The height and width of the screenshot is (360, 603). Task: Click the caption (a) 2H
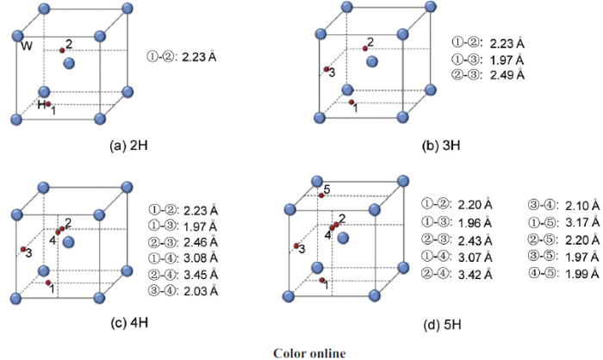click(128, 146)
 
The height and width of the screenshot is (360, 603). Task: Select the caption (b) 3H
click(441, 146)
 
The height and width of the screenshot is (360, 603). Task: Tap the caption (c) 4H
click(129, 322)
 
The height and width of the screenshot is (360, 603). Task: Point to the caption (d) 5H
click(442, 325)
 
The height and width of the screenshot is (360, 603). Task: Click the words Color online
click(309, 353)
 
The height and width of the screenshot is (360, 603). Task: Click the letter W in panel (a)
click(27, 47)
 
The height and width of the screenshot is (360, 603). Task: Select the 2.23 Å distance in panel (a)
click(199, 58)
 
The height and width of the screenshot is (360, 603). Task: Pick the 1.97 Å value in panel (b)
click(507, 60)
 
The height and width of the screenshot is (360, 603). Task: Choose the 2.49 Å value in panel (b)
click(507, 75)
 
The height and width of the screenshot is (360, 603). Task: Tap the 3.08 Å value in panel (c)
click(201, 258)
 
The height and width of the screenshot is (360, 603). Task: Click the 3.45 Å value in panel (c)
click(201, 275)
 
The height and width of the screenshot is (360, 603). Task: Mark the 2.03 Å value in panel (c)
click(201, 291)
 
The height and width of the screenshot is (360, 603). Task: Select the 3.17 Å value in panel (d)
click(582, 222)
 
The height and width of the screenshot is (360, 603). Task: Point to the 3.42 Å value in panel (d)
click(475, 275)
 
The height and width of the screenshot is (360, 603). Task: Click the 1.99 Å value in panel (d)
click(582, 274)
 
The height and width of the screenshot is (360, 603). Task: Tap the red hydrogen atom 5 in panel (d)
click(321, 196)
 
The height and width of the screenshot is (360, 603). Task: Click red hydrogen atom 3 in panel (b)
click(326, 69)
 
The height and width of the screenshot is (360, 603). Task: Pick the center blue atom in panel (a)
click(69, 63)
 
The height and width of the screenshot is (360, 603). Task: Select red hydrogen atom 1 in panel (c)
click(48, 282)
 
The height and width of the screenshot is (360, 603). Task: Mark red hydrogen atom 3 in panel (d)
click(296, 245)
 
